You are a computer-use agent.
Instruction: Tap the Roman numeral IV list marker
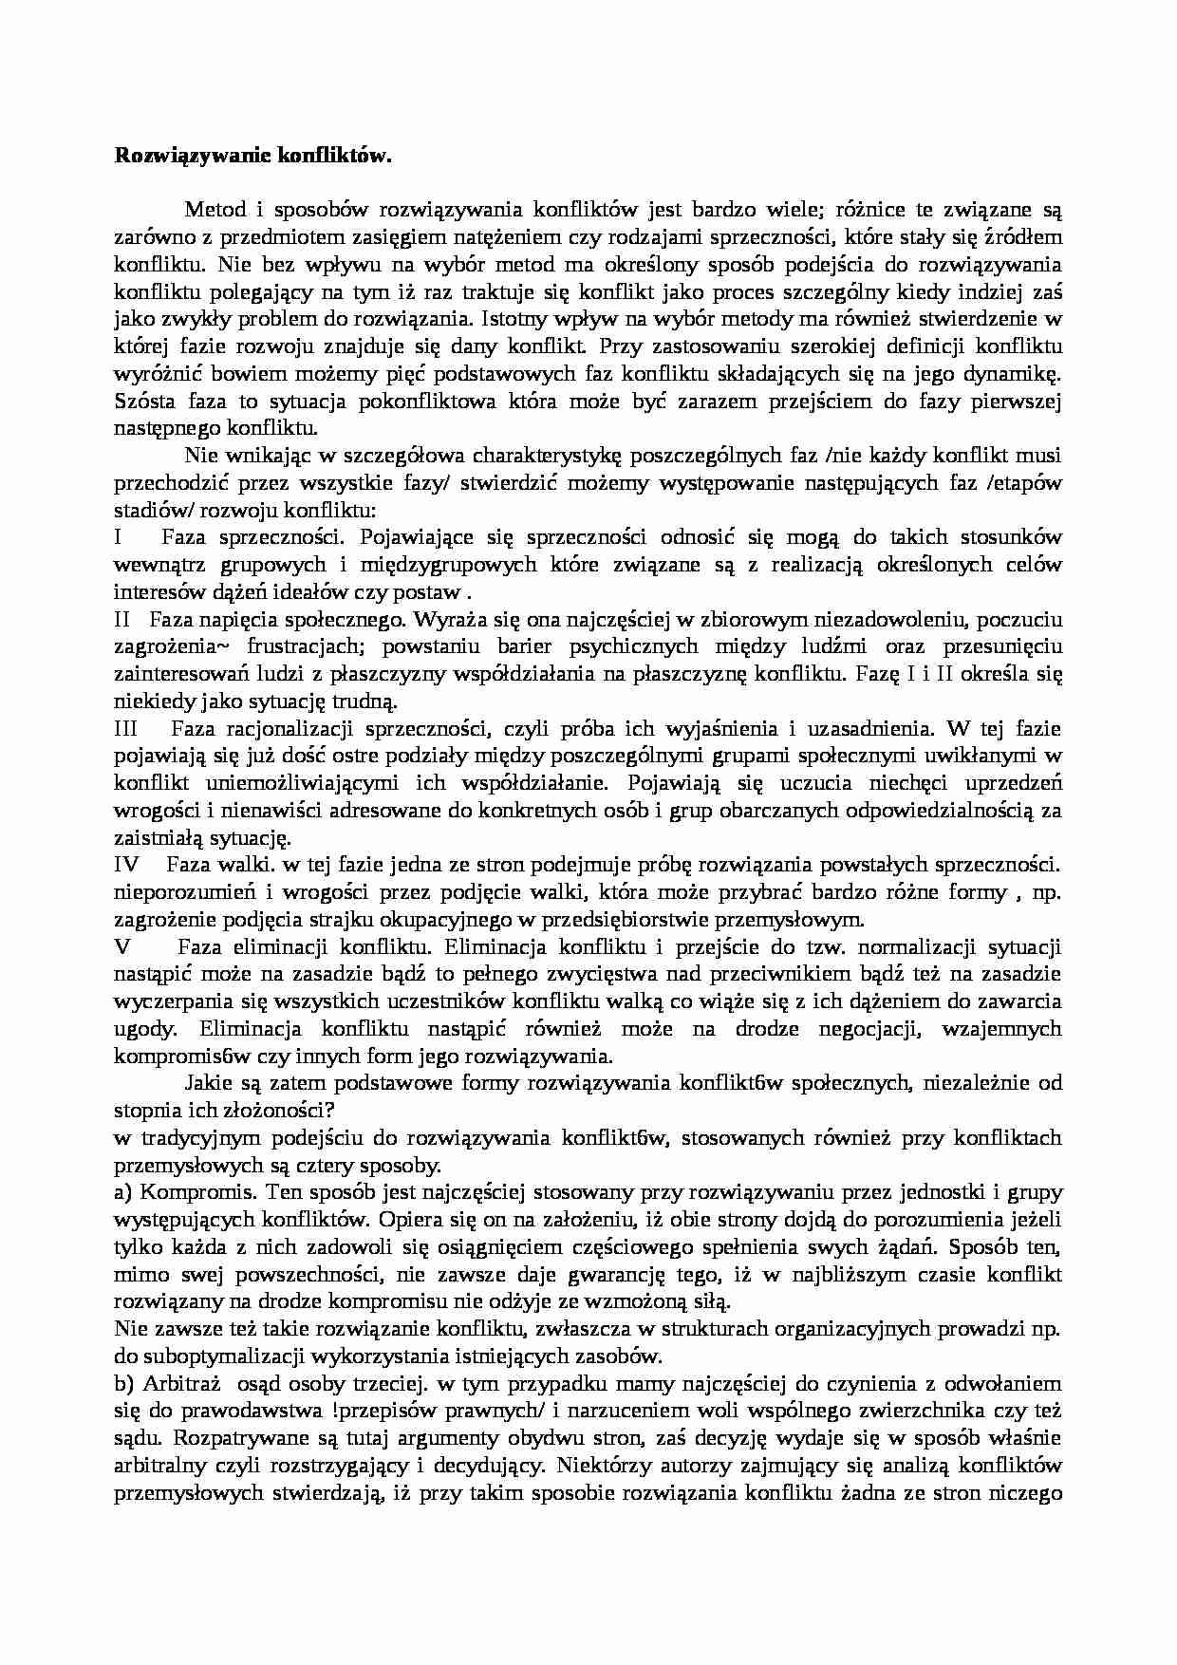[x=126, y=866]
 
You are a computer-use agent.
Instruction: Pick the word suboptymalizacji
[x=204, y=1356]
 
